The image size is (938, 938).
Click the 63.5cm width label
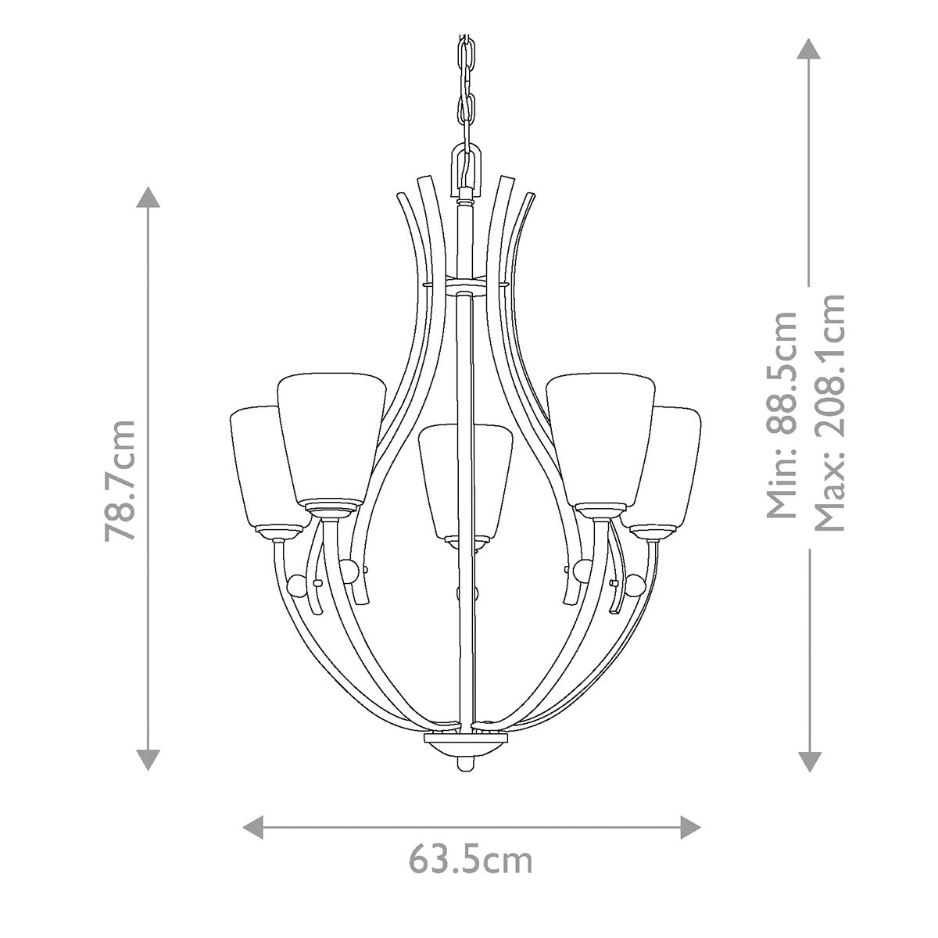(471, 861)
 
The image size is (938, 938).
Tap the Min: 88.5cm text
(782, 414)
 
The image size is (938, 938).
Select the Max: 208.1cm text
(829, 412)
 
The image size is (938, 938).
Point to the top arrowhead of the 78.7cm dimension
(148, 197)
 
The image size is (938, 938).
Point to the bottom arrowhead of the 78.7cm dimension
(148, 759)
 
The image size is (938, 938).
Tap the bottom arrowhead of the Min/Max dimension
(809, 761)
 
